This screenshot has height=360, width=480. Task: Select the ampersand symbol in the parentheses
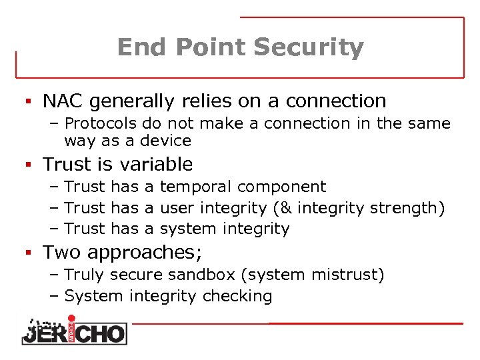click(286, 208)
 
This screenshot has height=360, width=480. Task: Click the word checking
click(240, 296)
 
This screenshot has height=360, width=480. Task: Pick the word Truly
click(85, 275)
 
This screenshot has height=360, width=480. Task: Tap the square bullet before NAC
click(29, 101)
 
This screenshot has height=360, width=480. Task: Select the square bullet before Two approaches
click(29, 253)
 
